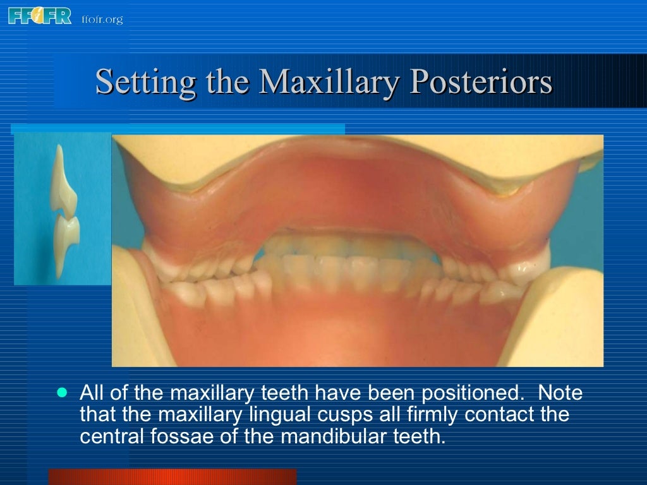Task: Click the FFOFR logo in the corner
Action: [x=40, y=15]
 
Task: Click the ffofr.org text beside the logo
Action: [x=102, y=19]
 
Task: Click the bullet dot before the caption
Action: [x=61, y=392]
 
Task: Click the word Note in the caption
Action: [x=560, y=393]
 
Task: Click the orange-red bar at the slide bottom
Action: [x=172, y=477]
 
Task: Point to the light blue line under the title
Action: [x=178, y=129]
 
